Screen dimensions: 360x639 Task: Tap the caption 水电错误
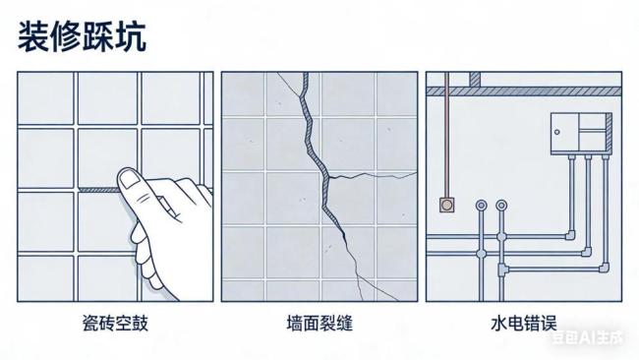(523, 322)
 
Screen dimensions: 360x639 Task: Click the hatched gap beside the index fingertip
(97, 188)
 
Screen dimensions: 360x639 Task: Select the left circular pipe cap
(481, 206)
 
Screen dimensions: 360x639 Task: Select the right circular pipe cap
(502, 206)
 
